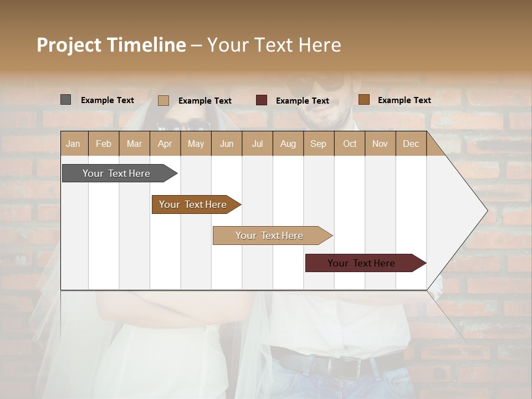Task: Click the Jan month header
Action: (x=74, y=144)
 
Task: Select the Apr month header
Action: (x=165, y=144)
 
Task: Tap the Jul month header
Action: (x=257, y=144)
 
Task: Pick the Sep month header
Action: (x=318, y=144)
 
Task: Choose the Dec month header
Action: (x=411, y=144)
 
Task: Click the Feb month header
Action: (x=104, y=144)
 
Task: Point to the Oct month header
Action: (x=350, y=144)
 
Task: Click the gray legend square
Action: (x=66, y=100)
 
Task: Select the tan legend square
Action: (x=163, y=100)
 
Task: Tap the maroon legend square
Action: (x=262, y=100)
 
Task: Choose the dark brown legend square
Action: (x=364, y=100)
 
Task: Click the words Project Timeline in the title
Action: (x=111, y=45)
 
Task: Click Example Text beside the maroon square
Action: (x=302, y=101)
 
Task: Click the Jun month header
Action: (x=227, y=144)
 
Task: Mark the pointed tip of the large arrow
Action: (x=487, y=211)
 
